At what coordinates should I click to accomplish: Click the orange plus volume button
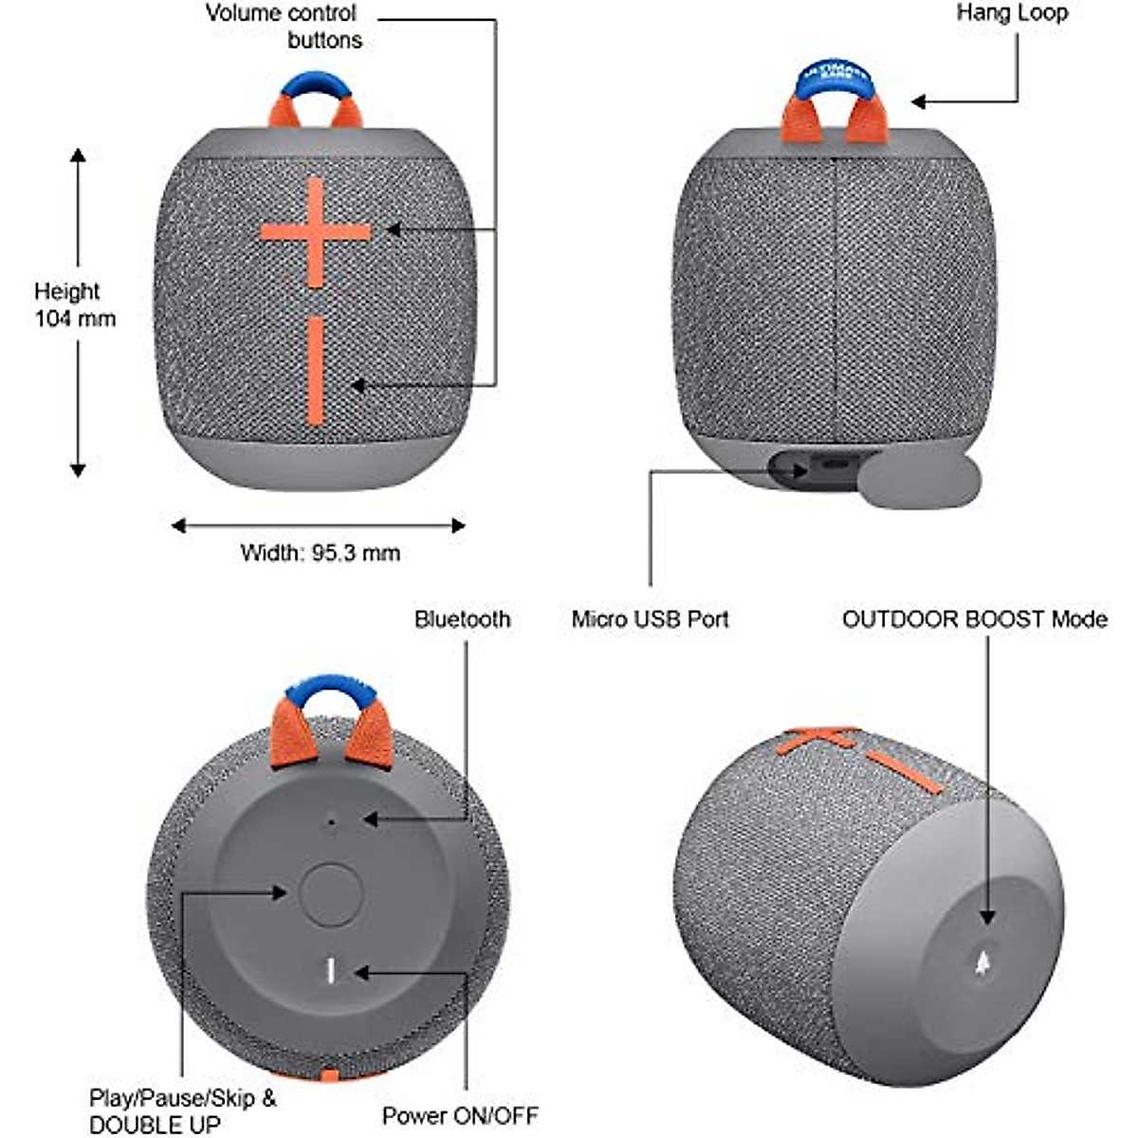(x=315, y=230)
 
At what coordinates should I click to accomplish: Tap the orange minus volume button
(x=316, y=371)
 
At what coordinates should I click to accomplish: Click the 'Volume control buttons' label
(x=282, y=27)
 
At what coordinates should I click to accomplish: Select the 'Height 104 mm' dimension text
(x=74, y=304)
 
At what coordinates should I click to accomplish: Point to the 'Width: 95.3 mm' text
(x=321, y=552)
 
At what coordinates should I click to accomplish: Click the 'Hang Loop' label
(x=1012, y=12)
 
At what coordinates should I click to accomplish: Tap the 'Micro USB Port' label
(x=650, y=619)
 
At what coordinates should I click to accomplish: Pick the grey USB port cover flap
(x=919, y=479)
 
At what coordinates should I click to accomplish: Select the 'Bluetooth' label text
(x=462, y=619)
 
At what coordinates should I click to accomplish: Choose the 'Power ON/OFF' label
(x=460, y=1115)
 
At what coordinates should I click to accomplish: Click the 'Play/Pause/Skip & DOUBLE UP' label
(x=182, y=1110)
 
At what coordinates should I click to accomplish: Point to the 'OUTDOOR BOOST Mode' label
(x=974, y=619)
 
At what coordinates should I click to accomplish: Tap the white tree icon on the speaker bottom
(x=983, y=963)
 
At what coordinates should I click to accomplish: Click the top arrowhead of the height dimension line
(x=78, y=155)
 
